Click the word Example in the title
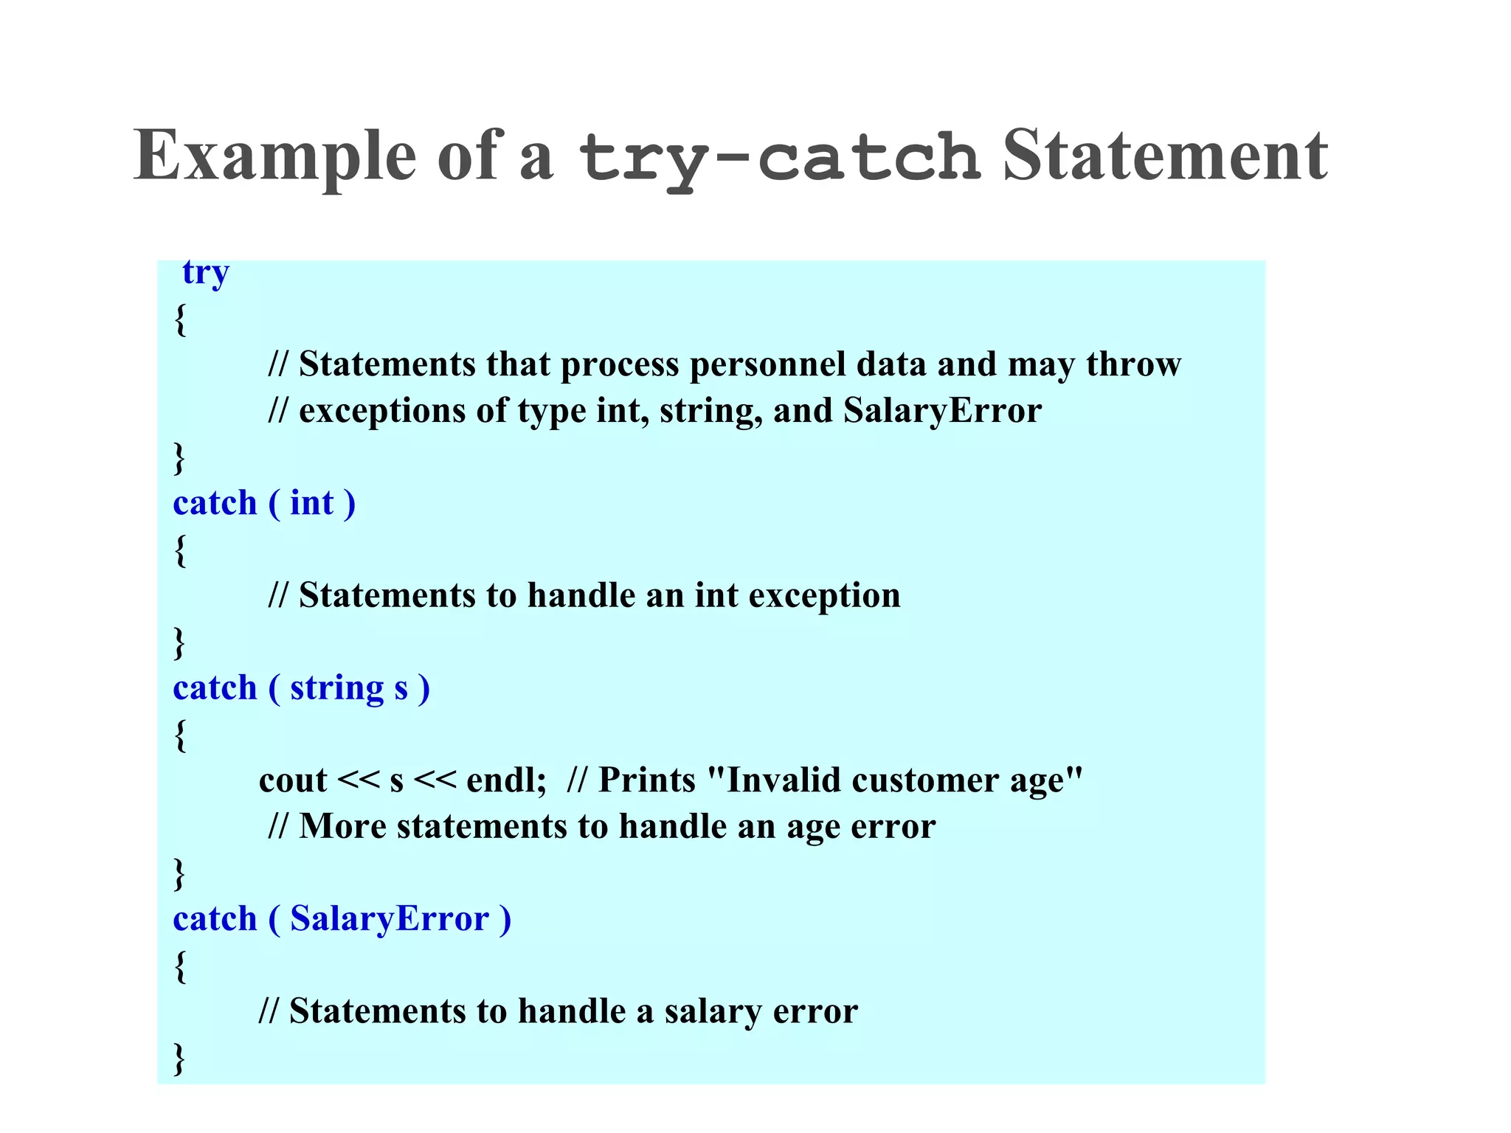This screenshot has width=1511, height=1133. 275,156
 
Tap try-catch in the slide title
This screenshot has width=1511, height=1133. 779,158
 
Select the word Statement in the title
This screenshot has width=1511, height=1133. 1165,156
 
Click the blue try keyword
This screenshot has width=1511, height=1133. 206,273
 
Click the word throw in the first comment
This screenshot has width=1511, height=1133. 1133,364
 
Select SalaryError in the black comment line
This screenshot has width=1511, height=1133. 942,410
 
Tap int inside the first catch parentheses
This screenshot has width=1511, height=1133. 312,503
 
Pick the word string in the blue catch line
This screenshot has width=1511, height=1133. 337,688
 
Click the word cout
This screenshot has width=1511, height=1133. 293,780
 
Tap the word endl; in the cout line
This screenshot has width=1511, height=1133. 507,780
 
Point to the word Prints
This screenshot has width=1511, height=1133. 647,780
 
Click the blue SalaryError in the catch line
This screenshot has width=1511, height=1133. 390,919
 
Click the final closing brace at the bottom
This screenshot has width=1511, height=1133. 179,1058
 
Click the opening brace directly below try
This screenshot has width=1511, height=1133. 180,319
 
